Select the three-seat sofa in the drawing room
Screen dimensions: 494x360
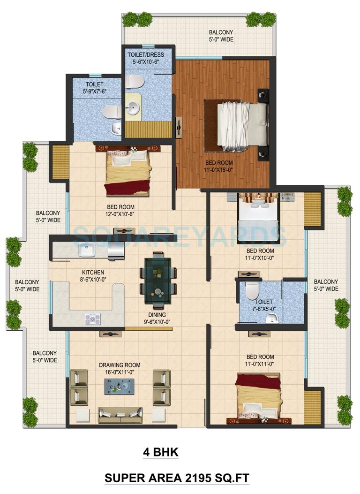point(120,415)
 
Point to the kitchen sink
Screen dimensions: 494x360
point(87,251)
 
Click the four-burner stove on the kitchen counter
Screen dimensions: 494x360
point(92,319)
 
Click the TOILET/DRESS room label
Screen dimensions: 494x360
point(146,55)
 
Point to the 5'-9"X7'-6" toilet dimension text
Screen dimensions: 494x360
point(95,92)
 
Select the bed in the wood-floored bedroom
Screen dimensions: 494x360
point(241,125)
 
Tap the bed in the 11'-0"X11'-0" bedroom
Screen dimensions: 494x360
point(258,397)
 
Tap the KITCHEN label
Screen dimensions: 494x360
point(93,273)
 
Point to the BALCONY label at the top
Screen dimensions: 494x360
point(221,32)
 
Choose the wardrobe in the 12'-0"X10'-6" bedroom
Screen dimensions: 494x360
point(60,162)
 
